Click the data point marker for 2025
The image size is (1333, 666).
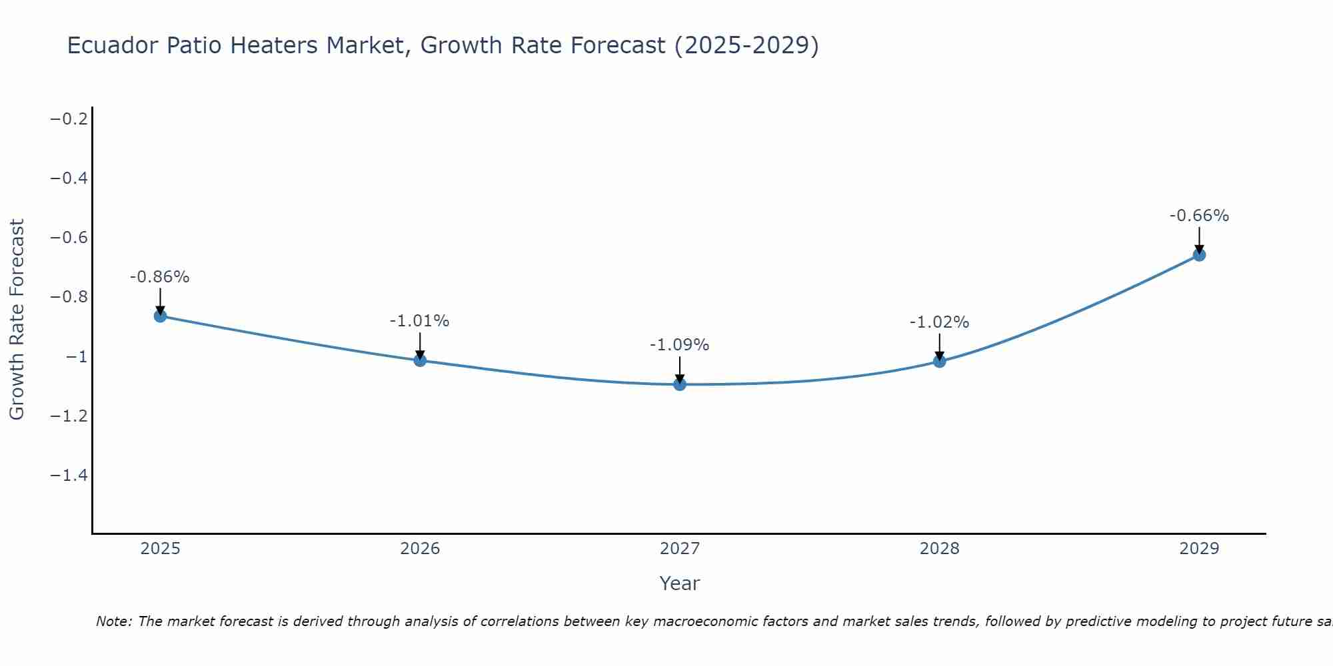tap(160, 316)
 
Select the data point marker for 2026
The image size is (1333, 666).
tap(420, 360)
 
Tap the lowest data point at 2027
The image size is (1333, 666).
tap(680, 384)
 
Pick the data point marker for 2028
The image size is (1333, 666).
tap(939, 361)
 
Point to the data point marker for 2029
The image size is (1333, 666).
tap(1199, 254)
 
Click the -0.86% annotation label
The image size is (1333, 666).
tap(160, 277)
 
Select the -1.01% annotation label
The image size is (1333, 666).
tap(420, 321)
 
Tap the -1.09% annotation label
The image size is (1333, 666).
tap(680, 345)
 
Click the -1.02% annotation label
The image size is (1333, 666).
tap(939, 322)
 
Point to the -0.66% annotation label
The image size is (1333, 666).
tap(1199, 216)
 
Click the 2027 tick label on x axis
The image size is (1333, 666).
tap(680, 549)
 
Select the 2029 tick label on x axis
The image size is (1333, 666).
tap(1199, 549)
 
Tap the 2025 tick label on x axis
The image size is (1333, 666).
tap(160, 549)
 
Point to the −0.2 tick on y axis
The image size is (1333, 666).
tap(69, 119)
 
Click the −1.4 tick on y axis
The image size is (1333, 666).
tap(69, 475)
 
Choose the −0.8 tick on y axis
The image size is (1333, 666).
tap(69, 297)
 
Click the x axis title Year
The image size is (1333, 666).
tap(680, 583)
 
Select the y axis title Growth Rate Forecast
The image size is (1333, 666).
tap(17, 320)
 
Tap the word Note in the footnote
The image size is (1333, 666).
tap(113, 621)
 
